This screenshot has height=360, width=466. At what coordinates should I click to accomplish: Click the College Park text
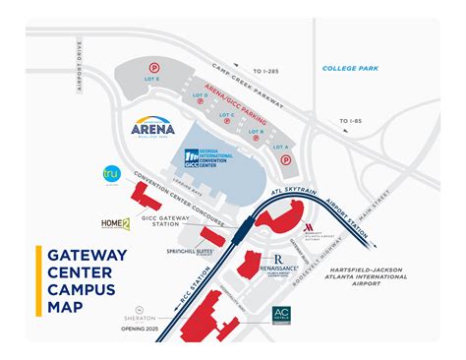[x=351, y=68]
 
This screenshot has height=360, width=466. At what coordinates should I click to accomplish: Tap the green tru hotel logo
[x=111, y=175]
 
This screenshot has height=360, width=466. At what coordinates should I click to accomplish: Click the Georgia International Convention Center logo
[x=208, y=152]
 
